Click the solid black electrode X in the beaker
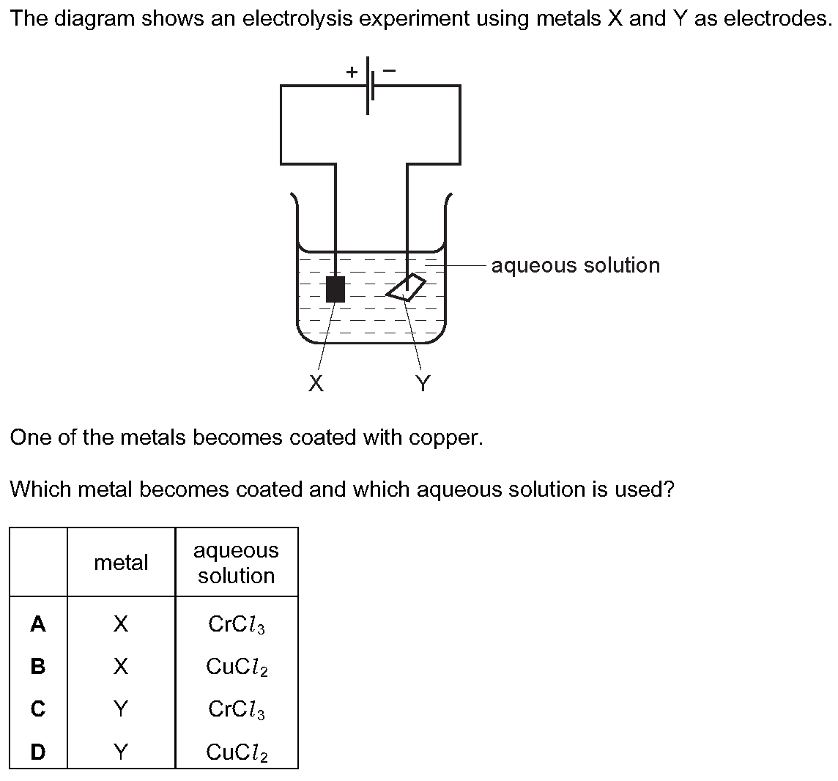click(x=335, y=289)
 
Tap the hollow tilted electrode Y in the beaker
click(x=407, y=287)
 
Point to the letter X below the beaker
click(x=316, y=383)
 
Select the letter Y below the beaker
click(x=423, y=383)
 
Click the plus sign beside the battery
click(x=352, y=72)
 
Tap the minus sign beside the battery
click(x=390, y=71)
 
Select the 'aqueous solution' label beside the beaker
click(x=575, y=265)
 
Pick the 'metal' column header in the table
click(x=121, y=563)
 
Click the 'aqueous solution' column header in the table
click(x=236, y=563)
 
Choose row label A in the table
click(x=38, y=624)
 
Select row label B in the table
click(x=38, y=667)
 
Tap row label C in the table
click(x=38, y=709)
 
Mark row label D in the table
click(x=38, y=752)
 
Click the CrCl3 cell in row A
click(x=236, y=625)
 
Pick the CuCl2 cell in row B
click(x=236, y=667)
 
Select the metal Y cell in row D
click(x=121, y=752)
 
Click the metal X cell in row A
click(x=121, y=624)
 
